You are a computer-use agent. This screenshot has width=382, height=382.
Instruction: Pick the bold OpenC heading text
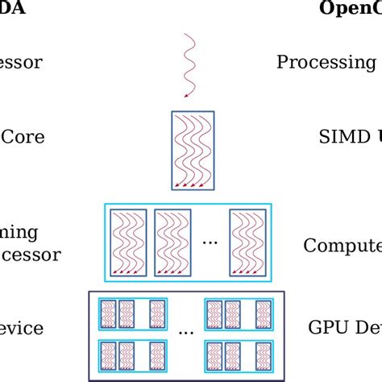point(350,8)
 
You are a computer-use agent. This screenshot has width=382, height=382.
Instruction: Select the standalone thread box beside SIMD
point(193,151)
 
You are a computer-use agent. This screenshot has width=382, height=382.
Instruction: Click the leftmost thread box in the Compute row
point(127,242)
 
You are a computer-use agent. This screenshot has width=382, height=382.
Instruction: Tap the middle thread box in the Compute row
point(172,242)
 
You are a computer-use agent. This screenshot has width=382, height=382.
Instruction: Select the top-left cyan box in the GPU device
point(131,313)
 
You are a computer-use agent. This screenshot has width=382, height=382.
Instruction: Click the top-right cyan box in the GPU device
point(240,313)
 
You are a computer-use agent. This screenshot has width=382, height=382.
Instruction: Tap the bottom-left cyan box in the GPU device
point(131,355)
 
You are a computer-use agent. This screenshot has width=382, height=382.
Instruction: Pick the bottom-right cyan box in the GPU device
point(240,355)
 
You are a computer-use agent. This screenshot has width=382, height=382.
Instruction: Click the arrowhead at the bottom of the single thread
point(185,96)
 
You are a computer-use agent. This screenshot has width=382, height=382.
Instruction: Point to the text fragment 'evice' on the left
point(22,328)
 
